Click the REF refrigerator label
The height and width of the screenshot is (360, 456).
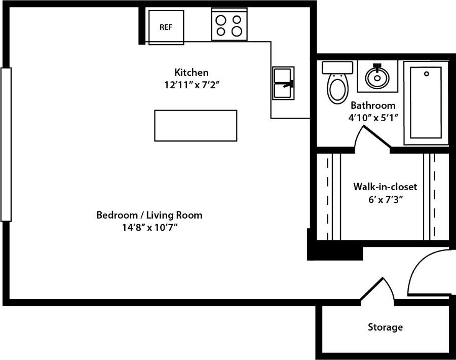166,27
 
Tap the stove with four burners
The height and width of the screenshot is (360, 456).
229,25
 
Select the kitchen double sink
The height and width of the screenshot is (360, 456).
283,83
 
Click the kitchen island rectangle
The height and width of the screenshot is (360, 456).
196,125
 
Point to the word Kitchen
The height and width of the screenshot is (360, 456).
192,72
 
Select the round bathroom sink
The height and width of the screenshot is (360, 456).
376,77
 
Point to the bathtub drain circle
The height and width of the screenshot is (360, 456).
427,74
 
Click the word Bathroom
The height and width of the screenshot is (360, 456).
373,105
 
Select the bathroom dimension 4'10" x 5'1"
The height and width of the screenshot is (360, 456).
373,118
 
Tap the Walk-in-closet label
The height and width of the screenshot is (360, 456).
385,187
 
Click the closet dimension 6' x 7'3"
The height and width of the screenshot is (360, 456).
385,199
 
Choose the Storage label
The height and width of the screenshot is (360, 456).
385,327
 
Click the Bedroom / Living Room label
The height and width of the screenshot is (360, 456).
149,215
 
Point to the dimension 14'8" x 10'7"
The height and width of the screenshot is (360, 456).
149,228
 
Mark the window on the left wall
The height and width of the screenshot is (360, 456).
6,145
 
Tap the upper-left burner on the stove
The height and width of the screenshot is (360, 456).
221,20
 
